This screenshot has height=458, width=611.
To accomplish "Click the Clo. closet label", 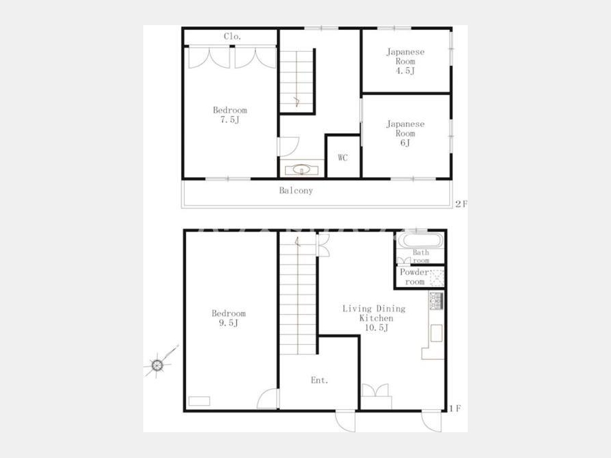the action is tap(233, 37).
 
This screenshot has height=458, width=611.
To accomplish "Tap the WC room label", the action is tap(343, 157).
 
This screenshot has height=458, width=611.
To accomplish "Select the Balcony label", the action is tap(296, 191).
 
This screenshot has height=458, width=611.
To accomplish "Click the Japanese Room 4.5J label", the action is tap(405, 61).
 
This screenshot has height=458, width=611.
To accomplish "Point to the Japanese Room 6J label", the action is tap(405, 133).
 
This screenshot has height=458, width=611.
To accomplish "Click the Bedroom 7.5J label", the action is tap(230, 115).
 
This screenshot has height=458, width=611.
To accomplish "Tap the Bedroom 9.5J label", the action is tap(229, 318).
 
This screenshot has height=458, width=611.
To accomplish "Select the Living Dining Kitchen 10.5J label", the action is tap(374, 318).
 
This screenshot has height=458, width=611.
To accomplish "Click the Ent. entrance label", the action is tap(320, 380).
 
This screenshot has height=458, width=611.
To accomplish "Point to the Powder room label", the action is tap(414, 277).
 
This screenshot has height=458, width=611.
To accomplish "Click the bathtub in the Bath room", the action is tap(420, 240).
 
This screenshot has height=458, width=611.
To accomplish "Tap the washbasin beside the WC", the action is tap(301, 170).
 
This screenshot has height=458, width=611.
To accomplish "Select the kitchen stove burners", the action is tap(437, 301).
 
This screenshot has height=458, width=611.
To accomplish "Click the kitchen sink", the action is tap(437, 333).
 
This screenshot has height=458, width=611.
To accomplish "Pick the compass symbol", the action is tap(158, 365).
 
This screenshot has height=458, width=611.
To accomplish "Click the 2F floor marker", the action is tap(462, 204).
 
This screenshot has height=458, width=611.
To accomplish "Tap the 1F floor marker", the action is tap(455, 408).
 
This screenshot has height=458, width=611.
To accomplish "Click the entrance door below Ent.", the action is tap(346, 421).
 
